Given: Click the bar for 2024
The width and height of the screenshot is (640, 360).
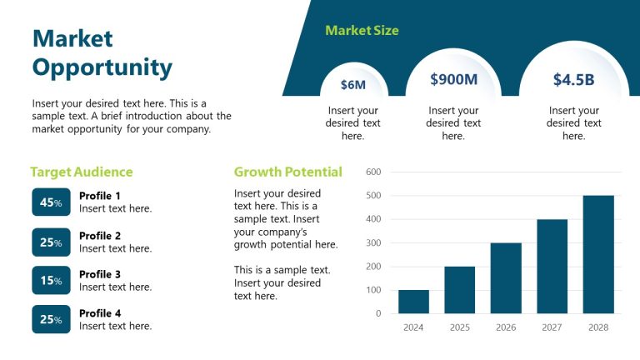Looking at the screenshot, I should (413, 302).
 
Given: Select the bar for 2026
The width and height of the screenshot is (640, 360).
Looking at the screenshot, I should (506, 278).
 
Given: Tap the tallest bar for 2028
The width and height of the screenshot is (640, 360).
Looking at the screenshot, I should (598, 254).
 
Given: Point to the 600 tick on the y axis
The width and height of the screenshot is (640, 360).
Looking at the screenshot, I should (373, 172).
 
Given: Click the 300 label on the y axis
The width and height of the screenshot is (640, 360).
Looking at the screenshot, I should (373, 243).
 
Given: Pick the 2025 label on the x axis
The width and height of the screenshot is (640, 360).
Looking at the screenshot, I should (460, 327).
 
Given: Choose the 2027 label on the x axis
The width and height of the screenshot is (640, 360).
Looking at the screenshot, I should (552, 327).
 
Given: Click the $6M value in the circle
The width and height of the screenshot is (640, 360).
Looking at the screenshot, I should (353, 85).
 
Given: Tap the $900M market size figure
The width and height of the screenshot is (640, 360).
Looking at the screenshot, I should (453, 80).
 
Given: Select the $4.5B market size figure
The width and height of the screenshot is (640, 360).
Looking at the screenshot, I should (573, 80).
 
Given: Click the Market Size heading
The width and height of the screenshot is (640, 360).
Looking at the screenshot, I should (362, 31).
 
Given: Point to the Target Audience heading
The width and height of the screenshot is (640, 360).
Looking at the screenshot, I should (82, 172).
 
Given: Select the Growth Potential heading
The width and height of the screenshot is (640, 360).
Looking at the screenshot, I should (287, 172).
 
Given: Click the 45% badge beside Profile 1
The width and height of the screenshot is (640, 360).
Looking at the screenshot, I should (51, 202).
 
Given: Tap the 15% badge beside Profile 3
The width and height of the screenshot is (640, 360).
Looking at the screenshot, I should (51, 280).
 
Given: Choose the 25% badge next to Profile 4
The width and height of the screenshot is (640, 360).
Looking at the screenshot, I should (51, 319).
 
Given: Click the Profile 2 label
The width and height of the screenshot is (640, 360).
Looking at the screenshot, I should (100, 236).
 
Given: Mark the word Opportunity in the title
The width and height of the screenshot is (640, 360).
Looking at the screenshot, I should (102, 67).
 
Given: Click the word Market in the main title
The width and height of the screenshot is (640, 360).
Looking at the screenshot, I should (72, 38).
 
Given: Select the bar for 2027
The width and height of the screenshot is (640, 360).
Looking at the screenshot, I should (552, 267).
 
